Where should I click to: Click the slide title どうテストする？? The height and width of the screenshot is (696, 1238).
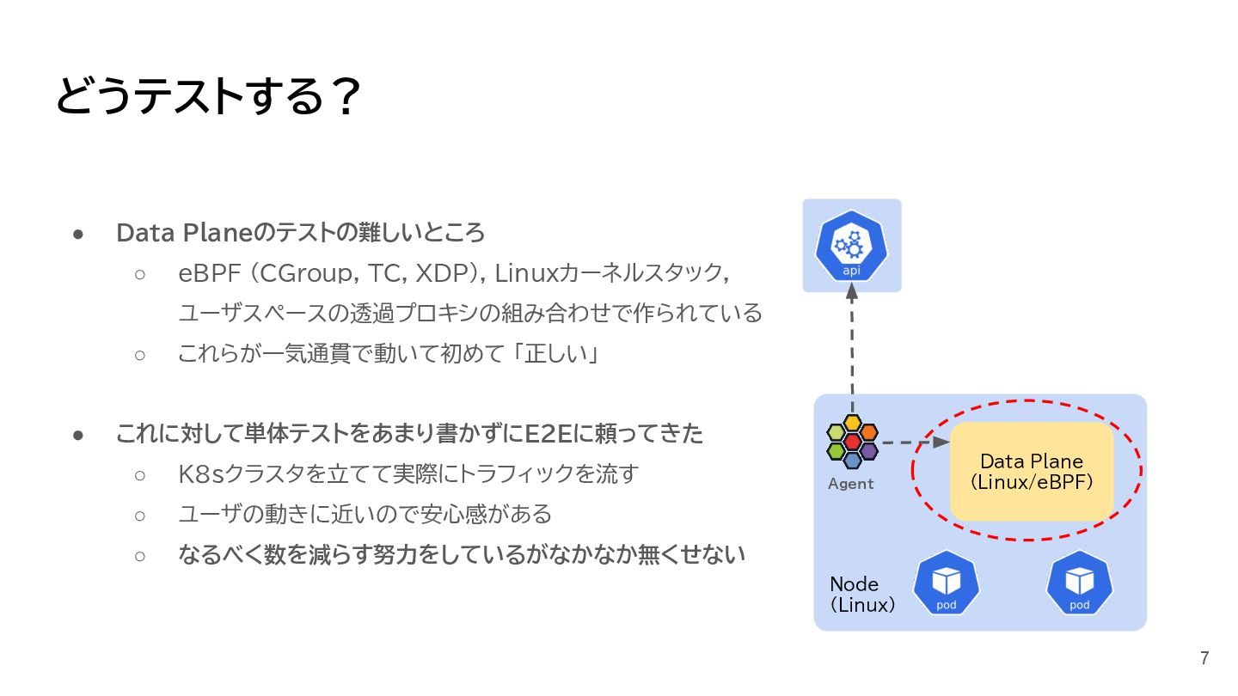[x=206, y=97]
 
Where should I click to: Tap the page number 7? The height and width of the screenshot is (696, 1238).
[x=1204, y=659]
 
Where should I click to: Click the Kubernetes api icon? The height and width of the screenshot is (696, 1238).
[x=851, y=244]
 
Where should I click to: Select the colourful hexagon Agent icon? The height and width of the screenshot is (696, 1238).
[x=852, y=442]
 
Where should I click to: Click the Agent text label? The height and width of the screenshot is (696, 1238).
[x=850, y=484]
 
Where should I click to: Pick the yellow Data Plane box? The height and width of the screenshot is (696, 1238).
[x=1031, y=471]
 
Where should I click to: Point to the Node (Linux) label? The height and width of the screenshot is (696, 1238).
[x=862, y=594]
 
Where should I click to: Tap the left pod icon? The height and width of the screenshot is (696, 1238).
[x=947, y=584]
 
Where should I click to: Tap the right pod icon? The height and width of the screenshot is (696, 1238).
[x=1079, y=584]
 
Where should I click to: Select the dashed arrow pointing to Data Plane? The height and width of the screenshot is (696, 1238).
[x=916, y=443]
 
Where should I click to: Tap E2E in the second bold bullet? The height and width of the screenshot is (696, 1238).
[x=548, y=434]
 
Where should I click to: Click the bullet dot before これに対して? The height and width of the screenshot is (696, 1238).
[x=78, y=434]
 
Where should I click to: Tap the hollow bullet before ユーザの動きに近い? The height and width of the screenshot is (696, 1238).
[x=141, y=515]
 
